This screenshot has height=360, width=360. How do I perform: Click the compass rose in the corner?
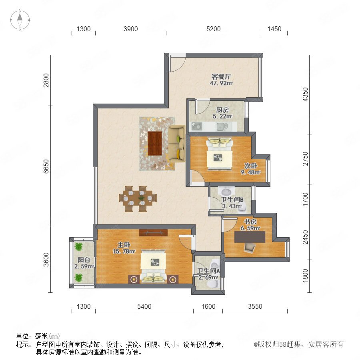[20, 20]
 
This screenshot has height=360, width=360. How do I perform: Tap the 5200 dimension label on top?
[213, 29]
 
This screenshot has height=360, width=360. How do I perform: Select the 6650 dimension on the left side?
[46, 166]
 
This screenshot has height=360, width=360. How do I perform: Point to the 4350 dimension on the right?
[305, 94]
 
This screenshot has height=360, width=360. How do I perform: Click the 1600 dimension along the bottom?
[208, 306]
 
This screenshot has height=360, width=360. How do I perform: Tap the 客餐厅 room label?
[221, 76]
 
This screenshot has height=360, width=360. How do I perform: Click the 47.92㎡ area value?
[221, 83]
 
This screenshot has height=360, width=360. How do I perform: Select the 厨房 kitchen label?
[222, 110]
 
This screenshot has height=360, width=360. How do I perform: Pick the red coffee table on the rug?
[155, 143]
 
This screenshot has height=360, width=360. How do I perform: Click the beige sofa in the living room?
[177, 143]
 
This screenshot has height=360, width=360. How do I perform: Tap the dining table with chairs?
[138, 199]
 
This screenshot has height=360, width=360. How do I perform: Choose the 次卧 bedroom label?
[250, 166]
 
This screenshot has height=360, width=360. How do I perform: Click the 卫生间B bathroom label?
[232, 200]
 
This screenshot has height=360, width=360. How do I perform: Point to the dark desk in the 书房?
[250, 237]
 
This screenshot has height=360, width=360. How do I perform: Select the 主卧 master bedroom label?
[124, 245]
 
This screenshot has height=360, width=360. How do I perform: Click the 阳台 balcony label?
[84, 260]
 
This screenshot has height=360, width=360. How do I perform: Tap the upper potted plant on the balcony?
[78, 246]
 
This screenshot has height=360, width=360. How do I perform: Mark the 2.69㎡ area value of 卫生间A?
[208, 277]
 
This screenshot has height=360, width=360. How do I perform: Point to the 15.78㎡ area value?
[124, 252]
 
